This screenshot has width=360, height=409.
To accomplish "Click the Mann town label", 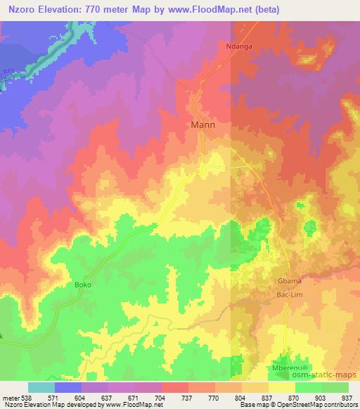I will coord(203,126).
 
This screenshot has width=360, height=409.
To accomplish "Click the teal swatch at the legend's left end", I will coord(41,387).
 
